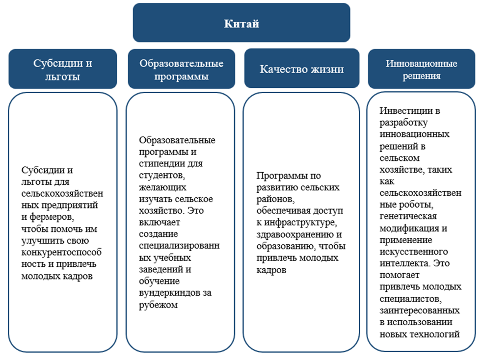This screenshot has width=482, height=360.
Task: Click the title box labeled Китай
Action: point(241,23)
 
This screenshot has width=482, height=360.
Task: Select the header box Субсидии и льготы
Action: point(63,69)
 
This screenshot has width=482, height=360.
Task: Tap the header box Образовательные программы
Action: point(181,69)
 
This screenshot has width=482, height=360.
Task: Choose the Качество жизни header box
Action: point(301,69)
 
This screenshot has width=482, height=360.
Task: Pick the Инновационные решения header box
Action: point(421,69)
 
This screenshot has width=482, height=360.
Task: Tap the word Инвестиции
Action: point(403,111)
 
